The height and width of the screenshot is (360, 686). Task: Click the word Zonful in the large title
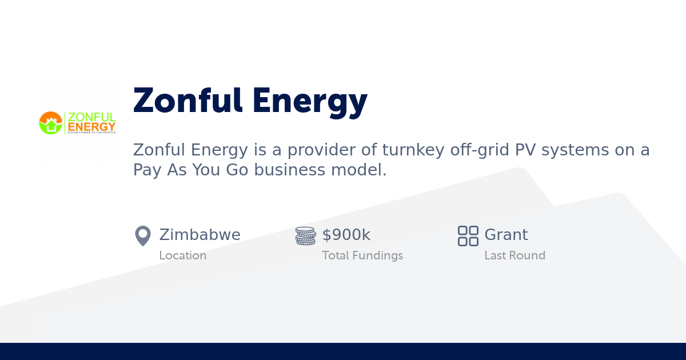pos(187,101)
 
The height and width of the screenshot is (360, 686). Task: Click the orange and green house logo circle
pos(50,123)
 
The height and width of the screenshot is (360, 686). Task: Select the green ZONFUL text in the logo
pos(91,117)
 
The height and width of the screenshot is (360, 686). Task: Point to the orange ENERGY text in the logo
pos(91,126)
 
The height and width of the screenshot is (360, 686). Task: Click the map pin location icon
pos(142,235)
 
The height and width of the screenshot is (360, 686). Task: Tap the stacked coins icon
pos(305,235)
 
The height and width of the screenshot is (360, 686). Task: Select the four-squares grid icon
pos(468,235)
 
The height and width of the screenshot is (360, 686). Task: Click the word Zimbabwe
pos(200,235)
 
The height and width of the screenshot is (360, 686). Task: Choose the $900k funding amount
pos(346,235)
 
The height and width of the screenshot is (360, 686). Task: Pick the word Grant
pos(506,235)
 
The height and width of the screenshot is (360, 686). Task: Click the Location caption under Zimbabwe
pos(182,255)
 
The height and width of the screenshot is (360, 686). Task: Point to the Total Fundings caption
pos(362,255)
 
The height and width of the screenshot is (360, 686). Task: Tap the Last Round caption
pos(514,255)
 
